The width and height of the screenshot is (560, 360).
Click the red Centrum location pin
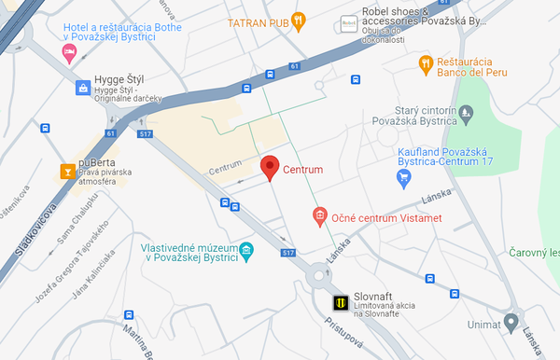point(270,167)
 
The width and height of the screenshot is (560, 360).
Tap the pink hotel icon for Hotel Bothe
point(68,50)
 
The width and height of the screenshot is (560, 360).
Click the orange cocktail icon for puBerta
point(67,171)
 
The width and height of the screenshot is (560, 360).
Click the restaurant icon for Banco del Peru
point(425,63)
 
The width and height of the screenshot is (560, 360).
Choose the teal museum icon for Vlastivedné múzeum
point(246,250)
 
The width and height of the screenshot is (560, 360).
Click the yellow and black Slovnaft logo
point(343,301)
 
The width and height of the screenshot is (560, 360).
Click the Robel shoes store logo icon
point(348,21)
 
